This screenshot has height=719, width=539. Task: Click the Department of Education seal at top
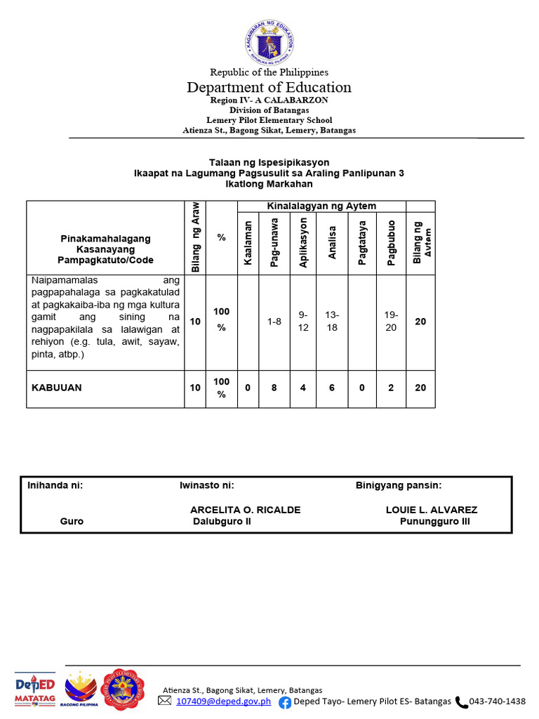point(269,41)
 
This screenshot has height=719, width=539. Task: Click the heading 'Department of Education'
point(269,87)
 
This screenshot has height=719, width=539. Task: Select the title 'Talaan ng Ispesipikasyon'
point(269,162)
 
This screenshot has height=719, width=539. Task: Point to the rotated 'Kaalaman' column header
point(248,243)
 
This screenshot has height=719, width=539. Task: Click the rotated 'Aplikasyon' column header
point(303,243)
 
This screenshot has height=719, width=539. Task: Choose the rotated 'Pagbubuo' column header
point(392,243)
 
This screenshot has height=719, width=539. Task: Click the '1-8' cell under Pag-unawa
point(274,322)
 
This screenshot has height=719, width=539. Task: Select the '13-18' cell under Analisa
point(333,322)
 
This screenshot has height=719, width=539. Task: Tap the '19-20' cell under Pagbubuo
point(392,322)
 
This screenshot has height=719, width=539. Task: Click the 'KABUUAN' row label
point(57,388)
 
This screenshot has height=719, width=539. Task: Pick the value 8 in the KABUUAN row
point(274,388)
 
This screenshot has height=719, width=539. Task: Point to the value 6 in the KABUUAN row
point(333,388)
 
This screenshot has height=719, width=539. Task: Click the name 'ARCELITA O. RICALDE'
point(246,510)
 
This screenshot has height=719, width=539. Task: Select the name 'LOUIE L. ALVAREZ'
point(432,510)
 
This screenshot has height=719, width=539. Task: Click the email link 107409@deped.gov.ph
point(224,701)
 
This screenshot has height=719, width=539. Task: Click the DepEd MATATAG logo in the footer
point(35,691)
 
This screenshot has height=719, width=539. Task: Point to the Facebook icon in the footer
point(285,701)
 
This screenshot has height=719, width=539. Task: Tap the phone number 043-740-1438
point(497,701)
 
